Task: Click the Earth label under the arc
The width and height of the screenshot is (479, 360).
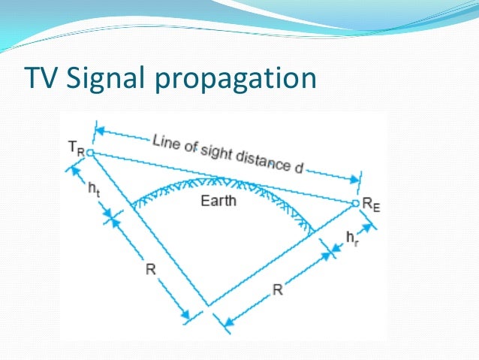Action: click(218, 201)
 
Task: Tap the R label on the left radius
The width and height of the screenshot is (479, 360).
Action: click(150, 270)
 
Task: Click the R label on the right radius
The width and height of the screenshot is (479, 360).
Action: click(277, 289)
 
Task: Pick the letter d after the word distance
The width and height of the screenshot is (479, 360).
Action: click(298, 166)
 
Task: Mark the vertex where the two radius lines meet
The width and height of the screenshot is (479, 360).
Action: click(209, 305)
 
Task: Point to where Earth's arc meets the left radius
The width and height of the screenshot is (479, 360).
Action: click(132, 204)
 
